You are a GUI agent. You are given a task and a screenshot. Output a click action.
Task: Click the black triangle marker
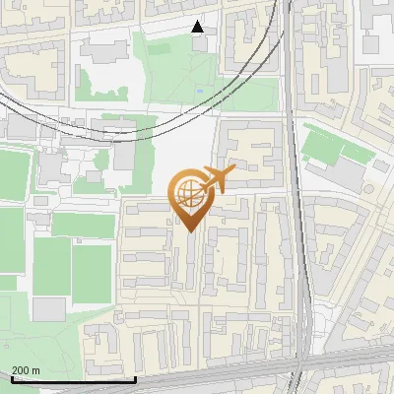pos(198,27)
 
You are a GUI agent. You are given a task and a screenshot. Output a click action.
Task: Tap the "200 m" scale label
pos(27,369)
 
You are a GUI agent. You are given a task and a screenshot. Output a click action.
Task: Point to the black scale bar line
pos(73,379)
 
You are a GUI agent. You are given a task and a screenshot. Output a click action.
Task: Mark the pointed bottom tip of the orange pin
pos(187,230)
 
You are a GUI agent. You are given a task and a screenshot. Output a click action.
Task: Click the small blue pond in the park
pos(200,92)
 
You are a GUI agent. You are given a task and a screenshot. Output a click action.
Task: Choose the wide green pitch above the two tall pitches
pos(83,226)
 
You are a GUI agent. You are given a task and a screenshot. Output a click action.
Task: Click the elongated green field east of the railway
pos(324,146)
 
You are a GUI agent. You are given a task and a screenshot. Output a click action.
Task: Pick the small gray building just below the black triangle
pos(200,43)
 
